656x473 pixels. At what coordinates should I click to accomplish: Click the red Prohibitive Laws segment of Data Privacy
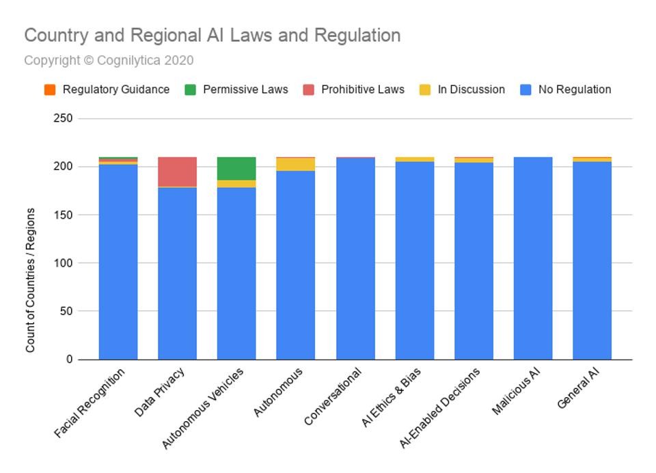tap(177, 172)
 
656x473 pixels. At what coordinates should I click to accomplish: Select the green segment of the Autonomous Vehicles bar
tap(236, 168)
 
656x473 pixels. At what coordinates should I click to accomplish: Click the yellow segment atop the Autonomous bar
tap(295, 164)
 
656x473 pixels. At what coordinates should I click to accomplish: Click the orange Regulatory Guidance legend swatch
tap(49, 90)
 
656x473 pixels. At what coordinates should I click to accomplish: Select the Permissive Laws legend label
tap(245, 90)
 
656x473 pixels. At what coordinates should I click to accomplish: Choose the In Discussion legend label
tap(471, 90)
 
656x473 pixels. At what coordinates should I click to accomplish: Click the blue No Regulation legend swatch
tap(525, 90)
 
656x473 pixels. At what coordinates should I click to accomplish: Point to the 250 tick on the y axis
tap(62, 119)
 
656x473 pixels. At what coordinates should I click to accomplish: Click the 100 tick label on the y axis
tap(62, 263)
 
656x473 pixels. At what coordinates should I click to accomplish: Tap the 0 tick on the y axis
tap(69, 360)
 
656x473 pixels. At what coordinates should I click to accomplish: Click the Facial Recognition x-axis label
tap(90, 403)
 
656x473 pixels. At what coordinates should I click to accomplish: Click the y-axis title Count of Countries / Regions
tap(30, 280)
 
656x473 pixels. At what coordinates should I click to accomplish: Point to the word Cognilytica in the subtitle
tap(130, 61)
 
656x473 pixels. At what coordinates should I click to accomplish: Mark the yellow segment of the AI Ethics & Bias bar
tap(414, 159)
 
